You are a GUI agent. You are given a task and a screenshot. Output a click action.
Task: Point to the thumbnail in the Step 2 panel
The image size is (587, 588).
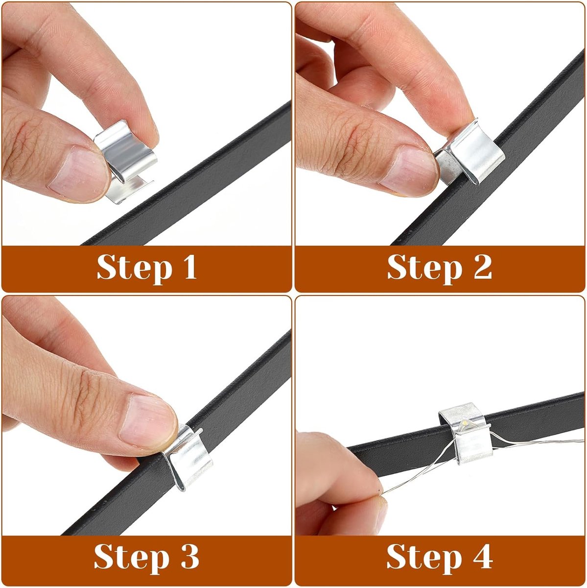[x=409, y=170]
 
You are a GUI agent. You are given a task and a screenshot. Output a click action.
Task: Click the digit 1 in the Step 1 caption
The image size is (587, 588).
[x=190, y=267]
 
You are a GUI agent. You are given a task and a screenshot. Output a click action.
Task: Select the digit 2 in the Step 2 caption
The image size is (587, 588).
[x=483, y=267]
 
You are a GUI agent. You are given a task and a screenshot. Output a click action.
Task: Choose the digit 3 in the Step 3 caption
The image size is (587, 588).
[x=189, y=556]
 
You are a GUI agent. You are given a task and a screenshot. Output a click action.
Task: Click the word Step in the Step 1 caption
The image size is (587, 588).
[x=134, y=269]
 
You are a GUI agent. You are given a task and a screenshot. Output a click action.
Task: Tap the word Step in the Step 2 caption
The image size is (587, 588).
[x=425, y=269]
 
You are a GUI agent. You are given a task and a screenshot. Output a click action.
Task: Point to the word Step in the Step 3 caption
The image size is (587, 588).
[x=131, y=558]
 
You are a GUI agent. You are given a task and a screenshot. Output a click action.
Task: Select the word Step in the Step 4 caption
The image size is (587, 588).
[x=424, y=558]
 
